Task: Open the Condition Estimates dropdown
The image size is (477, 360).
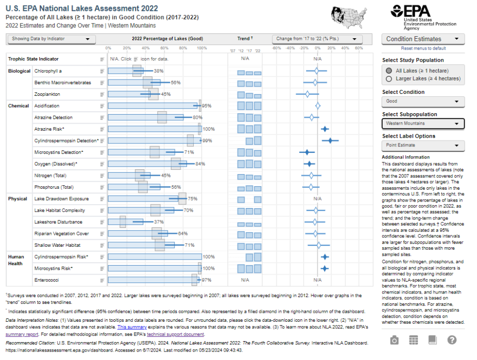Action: tap(423, 39)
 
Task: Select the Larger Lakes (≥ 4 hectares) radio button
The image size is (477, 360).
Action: tap(389, 78)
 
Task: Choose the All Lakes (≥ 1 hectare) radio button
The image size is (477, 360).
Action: tap(389, 71)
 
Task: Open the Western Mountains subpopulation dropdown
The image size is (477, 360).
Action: tap(423, 123)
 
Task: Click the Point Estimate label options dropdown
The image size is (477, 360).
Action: tap(423, 145)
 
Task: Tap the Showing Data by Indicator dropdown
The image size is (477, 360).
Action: tap(51, 39)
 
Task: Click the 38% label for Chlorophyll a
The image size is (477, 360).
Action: tap(159, 71)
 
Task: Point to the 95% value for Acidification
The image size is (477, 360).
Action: tap(207, 106)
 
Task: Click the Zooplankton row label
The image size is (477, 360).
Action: tap(47, 94)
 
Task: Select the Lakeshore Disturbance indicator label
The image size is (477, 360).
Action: tap(58, 222)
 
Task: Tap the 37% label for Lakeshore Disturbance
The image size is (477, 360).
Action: tap(159, 222)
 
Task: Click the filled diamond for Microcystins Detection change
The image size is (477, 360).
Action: tap(307, 152)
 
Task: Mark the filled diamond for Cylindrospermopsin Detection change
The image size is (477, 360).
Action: tap(330, 141)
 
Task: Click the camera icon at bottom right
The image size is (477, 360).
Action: tap(394, 340)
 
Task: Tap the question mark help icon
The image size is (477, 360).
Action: tap(452, 340)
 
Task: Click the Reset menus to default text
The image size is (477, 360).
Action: tap(423, 48)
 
